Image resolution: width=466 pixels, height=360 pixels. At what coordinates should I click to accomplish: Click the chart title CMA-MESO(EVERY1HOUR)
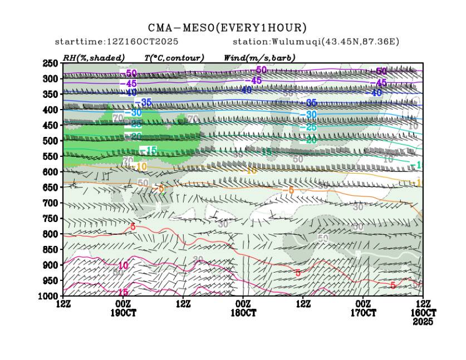coord(227,28)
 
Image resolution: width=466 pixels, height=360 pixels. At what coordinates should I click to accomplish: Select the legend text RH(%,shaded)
coord(94,58)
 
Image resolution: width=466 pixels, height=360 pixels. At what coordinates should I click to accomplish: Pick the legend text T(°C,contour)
coord(174,58)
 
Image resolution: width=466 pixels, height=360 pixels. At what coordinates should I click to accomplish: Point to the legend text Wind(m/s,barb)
coord(259,58)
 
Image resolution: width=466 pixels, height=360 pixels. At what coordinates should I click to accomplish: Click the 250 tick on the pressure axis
coord(51,63)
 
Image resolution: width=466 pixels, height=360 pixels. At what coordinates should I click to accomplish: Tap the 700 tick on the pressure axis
coord(51,203)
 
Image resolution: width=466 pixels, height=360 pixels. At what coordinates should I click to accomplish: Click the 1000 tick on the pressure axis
coord(49,295)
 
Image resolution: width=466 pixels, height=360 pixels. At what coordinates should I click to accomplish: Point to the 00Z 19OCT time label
coord(122,308)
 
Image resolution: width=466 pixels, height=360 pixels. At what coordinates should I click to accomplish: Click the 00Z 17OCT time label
coord(364,308)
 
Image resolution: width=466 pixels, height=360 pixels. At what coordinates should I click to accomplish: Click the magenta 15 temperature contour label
coord(123,292)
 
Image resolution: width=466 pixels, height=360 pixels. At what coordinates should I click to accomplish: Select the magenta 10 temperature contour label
coord(123,265)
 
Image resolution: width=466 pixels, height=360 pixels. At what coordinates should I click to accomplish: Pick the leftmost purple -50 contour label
coord(131,73)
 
